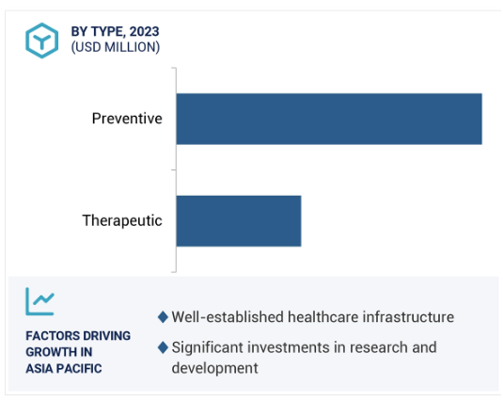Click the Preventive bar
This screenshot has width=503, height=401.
pos(329,119)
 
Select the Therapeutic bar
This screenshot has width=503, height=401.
pos(239,221)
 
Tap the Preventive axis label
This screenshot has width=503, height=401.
pos(127,119)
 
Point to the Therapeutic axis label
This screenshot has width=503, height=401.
pos(122,220)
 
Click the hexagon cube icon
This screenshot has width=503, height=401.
pos(42,40)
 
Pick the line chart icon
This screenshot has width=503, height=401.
pos(40,301)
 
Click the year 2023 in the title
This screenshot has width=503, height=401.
pos(145,31)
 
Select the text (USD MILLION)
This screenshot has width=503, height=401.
pos(116,47)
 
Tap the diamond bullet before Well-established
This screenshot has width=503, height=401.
pos(163,317)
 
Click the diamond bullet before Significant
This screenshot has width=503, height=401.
pos(163,347)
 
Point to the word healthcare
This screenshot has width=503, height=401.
pos(323,317)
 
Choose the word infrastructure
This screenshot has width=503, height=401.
pos(408,317)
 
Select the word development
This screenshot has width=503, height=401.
pos(214,368)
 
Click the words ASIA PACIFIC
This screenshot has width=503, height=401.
pos(64,369)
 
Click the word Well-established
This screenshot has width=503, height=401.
pos(228,317)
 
